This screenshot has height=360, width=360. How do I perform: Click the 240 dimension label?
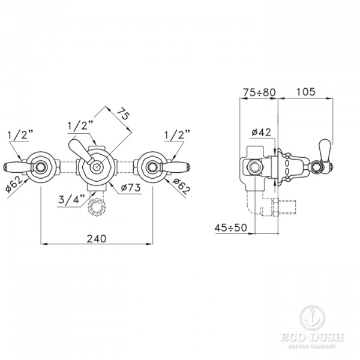(97, 239)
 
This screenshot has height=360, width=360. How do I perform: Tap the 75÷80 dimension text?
(259, 92)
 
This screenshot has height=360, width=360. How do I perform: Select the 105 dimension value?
(306, 92)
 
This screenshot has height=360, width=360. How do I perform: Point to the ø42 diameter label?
(261, 133)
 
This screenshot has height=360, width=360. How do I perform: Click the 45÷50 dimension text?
(231, 228)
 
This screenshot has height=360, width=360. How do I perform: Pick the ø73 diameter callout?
(131, 188)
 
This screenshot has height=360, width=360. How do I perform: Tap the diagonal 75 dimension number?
(123, 114)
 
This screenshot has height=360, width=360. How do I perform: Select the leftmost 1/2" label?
(20, 135)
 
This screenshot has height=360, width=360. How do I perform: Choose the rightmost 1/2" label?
(177, 135)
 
